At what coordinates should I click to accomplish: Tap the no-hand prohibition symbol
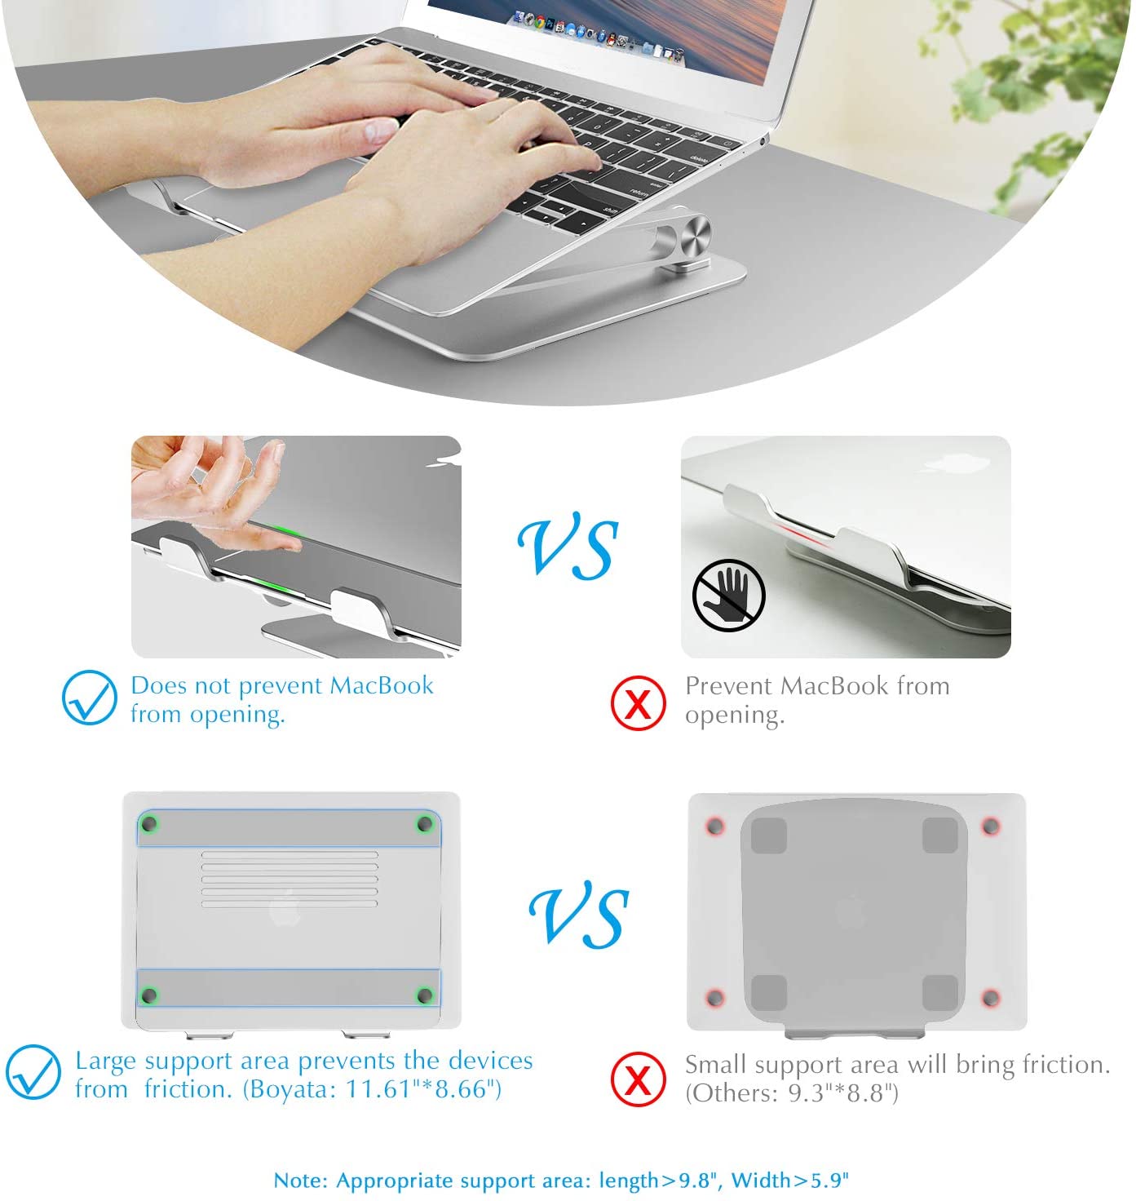pos(728,595)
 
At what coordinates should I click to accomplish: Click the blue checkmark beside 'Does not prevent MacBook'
pos(89,697)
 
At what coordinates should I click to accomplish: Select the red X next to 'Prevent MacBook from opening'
pos(639,702)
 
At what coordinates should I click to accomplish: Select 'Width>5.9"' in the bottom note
pos(789,1180)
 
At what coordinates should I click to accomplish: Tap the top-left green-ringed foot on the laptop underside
pos(149,824)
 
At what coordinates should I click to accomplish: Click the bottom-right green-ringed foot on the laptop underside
pos(425,995)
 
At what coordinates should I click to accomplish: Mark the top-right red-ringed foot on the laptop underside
pos(991,827)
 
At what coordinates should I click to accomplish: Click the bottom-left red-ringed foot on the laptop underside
pos(715,998)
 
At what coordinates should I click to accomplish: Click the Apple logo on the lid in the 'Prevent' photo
pos(957,463)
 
